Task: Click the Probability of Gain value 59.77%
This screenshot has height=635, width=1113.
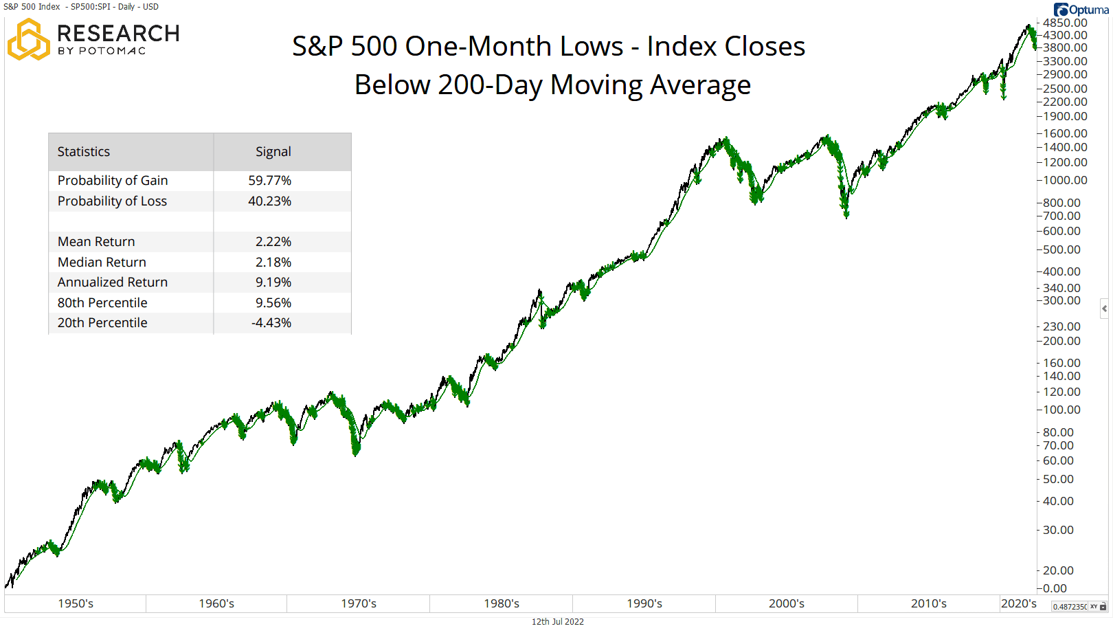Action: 269,181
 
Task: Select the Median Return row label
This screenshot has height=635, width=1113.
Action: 102,263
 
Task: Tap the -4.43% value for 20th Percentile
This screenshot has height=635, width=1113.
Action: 271,323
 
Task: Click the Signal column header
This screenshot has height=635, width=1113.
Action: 273,152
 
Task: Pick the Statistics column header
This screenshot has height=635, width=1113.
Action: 84,152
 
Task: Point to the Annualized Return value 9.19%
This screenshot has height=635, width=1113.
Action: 273,282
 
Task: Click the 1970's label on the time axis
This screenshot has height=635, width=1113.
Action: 359,604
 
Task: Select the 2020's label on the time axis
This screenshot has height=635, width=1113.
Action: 1018,604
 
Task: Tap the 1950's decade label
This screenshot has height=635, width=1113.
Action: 76,604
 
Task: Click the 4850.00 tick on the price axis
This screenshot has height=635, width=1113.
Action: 1065,23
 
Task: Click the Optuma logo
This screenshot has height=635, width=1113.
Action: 1081,10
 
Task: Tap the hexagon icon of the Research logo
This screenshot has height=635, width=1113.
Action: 28,40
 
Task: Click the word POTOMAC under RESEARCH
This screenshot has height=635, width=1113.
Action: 112,52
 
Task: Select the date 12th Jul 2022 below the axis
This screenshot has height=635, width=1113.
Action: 557,622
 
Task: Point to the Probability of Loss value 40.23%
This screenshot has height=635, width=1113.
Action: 269,201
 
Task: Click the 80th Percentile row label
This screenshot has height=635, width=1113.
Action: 102,303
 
